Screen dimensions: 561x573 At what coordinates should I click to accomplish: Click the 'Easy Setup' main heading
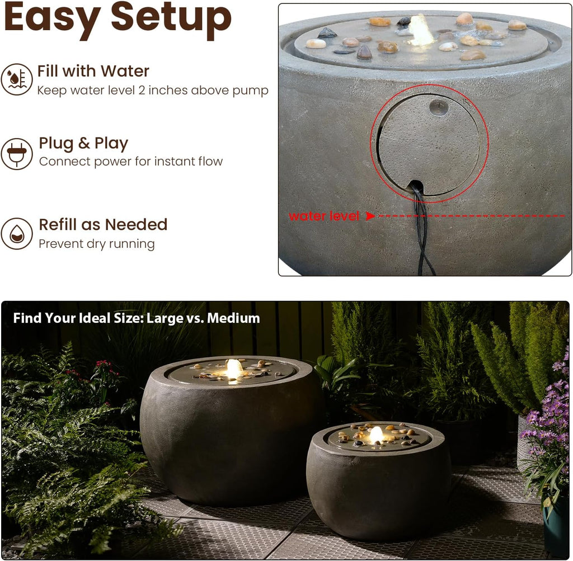point(118,18)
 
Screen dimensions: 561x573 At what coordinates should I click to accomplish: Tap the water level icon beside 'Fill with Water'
point(16,79)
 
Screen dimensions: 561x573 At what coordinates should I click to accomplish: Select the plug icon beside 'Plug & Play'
point(16,154)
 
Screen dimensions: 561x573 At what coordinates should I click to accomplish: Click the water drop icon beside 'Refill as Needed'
point(16,233)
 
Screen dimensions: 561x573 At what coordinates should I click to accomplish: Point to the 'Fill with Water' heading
point(93,71)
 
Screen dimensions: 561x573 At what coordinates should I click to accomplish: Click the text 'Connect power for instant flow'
point(131,162)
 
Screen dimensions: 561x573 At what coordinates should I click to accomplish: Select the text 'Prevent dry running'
point(97,244)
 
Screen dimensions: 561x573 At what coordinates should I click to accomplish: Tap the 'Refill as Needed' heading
point(103,224)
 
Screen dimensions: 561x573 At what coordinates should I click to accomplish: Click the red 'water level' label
point(324,216)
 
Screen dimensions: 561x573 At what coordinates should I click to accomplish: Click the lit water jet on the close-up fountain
point(420,31)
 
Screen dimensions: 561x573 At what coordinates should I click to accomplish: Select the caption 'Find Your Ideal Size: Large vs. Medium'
point(137,318)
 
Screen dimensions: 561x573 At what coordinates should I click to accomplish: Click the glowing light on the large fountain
point(234,369)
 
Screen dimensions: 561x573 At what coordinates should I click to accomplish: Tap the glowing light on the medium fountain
point(377,434)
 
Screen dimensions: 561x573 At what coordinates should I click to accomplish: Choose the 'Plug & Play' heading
point(83,143)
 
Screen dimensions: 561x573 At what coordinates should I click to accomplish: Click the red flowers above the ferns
point(104,366)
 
